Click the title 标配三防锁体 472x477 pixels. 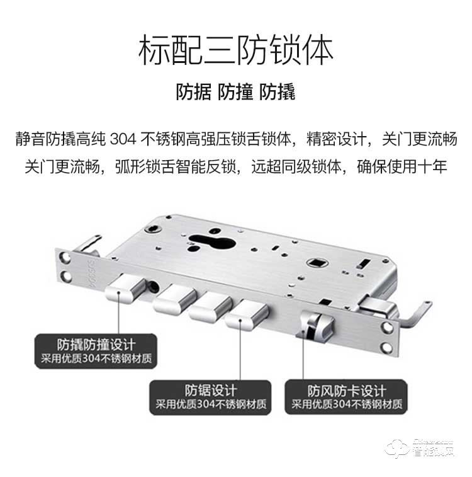[235, 50]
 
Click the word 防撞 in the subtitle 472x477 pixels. [235, 93]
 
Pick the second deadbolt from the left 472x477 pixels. [171, 301]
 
